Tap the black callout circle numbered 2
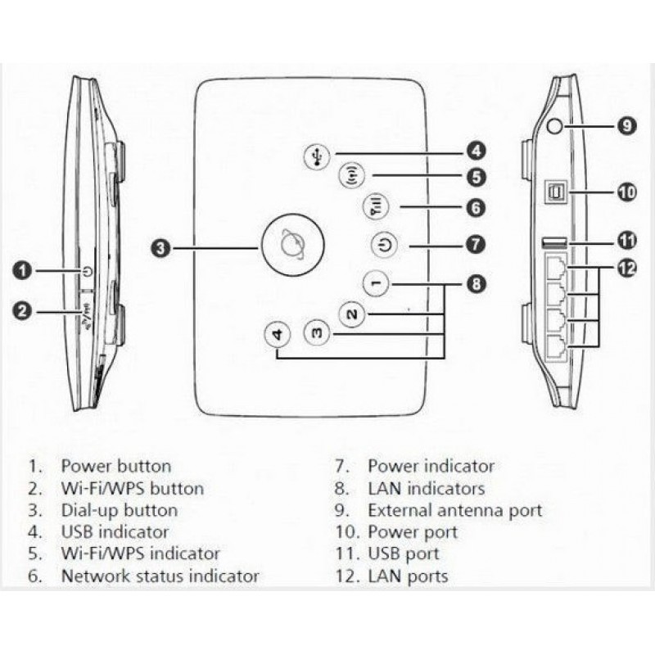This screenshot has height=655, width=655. pyautogui.click(x=25, y=310)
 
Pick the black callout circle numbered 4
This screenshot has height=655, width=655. pyautogui.click(x=477, y=151)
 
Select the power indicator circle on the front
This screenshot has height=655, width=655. pyautogui.click(x=385, y=244)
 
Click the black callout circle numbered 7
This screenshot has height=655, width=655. pyautogui.click(x=477, y=244)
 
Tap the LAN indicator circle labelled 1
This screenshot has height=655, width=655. pyautogui.click(x=374, y=283)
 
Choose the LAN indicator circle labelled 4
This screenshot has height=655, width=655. pyautogui.click(x=278, y=335)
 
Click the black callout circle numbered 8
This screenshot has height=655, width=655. pyautogui.click(x=477, y=284)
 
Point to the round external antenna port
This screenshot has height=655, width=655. pyautogui.click(x=555, y=126)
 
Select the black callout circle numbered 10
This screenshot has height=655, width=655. pyautogui.click(x=626, y=193)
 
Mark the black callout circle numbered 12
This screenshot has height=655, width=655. pyautogui.click(x=626, y=269)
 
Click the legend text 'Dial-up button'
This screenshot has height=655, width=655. pyautogui.click(x=119, y=510)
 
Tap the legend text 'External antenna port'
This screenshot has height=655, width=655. pyautogui.click(x=454, y=510)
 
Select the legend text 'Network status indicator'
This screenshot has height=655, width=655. pyautogui.click(x=160, y=576)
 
